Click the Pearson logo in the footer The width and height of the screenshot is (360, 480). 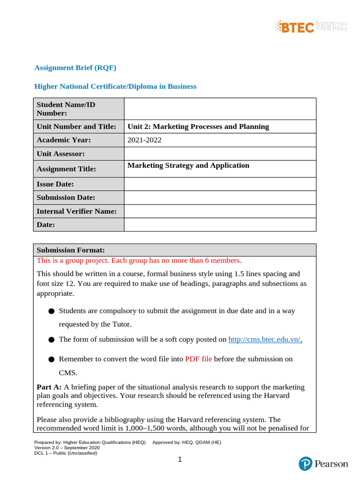point(323,464)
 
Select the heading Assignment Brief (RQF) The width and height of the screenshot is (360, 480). point(75,67)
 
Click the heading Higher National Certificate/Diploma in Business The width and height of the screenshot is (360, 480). point(115,86)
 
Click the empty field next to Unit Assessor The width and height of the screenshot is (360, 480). point(220,154)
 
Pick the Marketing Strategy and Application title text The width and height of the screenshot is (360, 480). point(188,165)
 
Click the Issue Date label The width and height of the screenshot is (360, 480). point(55,184)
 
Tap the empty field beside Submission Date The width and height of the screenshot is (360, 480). point(220,198)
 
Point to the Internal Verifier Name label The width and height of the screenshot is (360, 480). point(76,211)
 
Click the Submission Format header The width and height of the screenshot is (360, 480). point(71,250)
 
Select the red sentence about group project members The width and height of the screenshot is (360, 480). point(139,260)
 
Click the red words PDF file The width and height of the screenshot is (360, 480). point(198,359)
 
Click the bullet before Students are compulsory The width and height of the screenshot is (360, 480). point(51,311)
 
